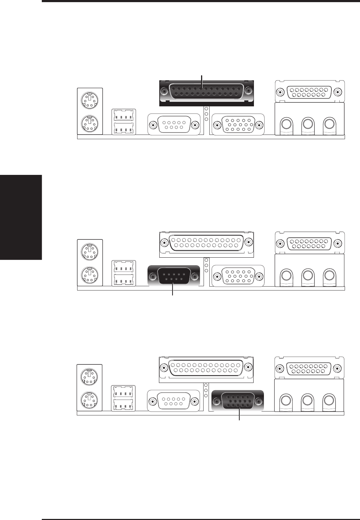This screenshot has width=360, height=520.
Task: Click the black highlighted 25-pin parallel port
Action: tap(206, 92)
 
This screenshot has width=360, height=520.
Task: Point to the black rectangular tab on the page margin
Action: tap(21, 217)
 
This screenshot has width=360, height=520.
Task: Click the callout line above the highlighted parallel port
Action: tap(202, 81)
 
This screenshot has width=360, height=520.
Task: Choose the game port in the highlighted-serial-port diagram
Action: tap(309, 244)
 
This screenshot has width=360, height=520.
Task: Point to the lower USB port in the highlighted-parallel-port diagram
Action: tap(123, 129)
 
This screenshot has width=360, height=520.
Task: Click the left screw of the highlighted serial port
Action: tap(153, 277)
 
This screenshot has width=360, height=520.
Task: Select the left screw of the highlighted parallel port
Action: tap(164, 92)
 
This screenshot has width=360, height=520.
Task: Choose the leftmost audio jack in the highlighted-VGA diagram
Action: tap(286, 399)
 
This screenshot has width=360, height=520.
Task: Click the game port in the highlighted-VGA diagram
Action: tap(309, 368)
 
